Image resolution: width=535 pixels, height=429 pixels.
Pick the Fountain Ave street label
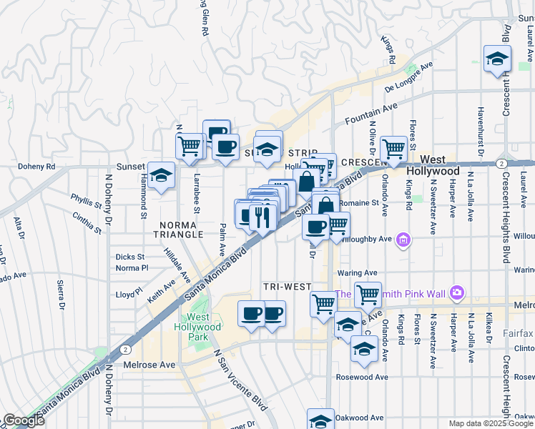point(370,114)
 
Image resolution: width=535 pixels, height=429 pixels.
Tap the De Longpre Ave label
point(409,78)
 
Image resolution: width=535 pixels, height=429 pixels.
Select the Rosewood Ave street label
point(363,377)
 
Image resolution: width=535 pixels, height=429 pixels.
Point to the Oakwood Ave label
point(360,418)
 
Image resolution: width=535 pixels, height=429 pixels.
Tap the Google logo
point(23,420)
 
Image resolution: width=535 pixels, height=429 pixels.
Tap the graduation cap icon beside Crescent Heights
point(496,59)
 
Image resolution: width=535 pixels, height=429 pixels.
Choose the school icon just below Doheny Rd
point(162,176)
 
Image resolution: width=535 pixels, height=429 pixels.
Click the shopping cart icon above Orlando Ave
point(393,149)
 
